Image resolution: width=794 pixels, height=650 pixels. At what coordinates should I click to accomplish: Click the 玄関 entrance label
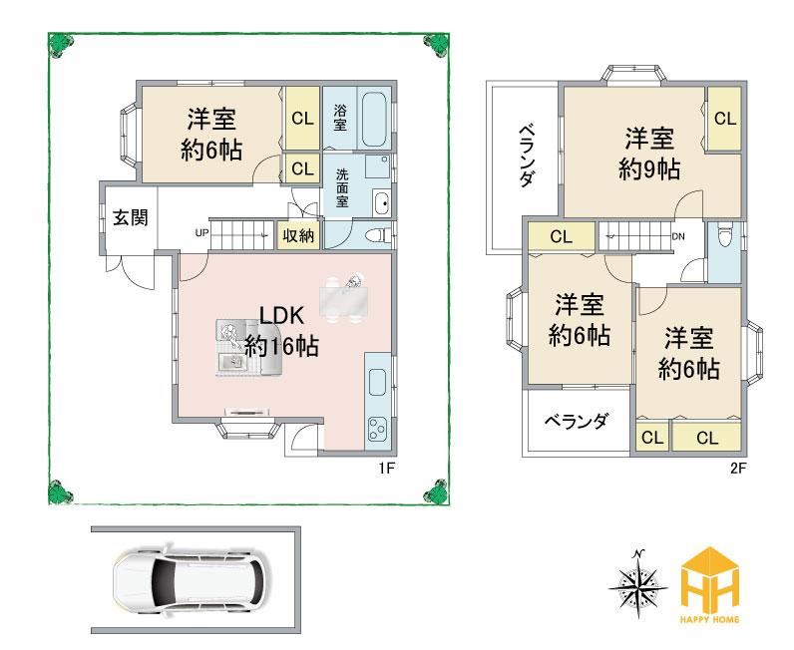(130, 217)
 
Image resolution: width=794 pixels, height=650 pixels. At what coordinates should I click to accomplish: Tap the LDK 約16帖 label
(281, 331)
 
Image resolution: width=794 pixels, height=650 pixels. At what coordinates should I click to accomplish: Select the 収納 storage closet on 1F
(298, 235)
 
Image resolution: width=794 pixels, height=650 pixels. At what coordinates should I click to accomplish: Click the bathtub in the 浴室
(374, 120)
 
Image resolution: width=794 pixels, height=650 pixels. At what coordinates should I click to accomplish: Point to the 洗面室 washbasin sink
(381, 203)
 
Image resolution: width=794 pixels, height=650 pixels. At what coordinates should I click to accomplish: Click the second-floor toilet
(724, 235)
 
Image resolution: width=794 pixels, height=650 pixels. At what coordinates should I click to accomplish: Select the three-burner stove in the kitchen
(377, 429)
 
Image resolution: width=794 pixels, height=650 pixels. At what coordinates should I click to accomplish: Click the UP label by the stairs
(201, 233)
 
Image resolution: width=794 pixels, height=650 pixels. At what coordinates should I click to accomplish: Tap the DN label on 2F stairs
(678, 236)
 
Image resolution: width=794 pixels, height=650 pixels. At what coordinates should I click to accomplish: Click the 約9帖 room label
(649, 169)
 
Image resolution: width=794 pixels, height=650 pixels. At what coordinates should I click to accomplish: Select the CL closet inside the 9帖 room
(724, 119)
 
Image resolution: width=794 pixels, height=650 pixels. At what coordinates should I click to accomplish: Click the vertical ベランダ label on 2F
(527, 157)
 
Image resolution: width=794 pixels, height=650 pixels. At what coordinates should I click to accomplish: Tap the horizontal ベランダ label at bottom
(577, 421)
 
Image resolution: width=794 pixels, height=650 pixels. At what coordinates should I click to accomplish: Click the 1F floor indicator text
(386, 469)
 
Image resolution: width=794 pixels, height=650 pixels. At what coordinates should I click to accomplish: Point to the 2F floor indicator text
(738, 469)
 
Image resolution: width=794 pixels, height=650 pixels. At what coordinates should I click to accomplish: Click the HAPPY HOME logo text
(710, 619)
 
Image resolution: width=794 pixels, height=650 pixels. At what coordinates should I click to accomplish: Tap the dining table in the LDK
(344, 300)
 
